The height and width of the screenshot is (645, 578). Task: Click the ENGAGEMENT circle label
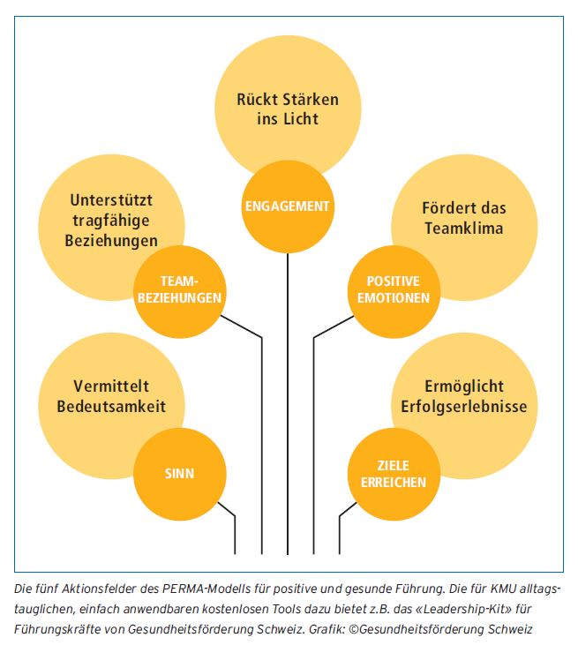(287, 206)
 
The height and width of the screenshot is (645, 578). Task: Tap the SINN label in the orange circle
(179, 474)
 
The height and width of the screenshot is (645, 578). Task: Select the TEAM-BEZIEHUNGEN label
(179, 289)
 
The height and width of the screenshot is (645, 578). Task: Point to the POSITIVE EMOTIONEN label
(394, 289)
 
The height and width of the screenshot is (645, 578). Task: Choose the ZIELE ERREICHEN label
(394, 474)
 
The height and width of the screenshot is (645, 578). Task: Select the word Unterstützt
(111, 200)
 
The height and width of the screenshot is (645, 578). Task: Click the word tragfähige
(111, 221)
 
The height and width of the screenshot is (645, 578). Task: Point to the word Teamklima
(464, 229)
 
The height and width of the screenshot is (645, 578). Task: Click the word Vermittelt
(111, 386)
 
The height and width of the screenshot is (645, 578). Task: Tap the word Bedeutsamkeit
(111, 407)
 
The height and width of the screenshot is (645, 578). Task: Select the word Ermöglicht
(464, 386)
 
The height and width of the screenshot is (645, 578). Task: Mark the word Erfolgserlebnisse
(464, 407)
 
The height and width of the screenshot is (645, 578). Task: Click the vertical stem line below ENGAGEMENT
(288, 403)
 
